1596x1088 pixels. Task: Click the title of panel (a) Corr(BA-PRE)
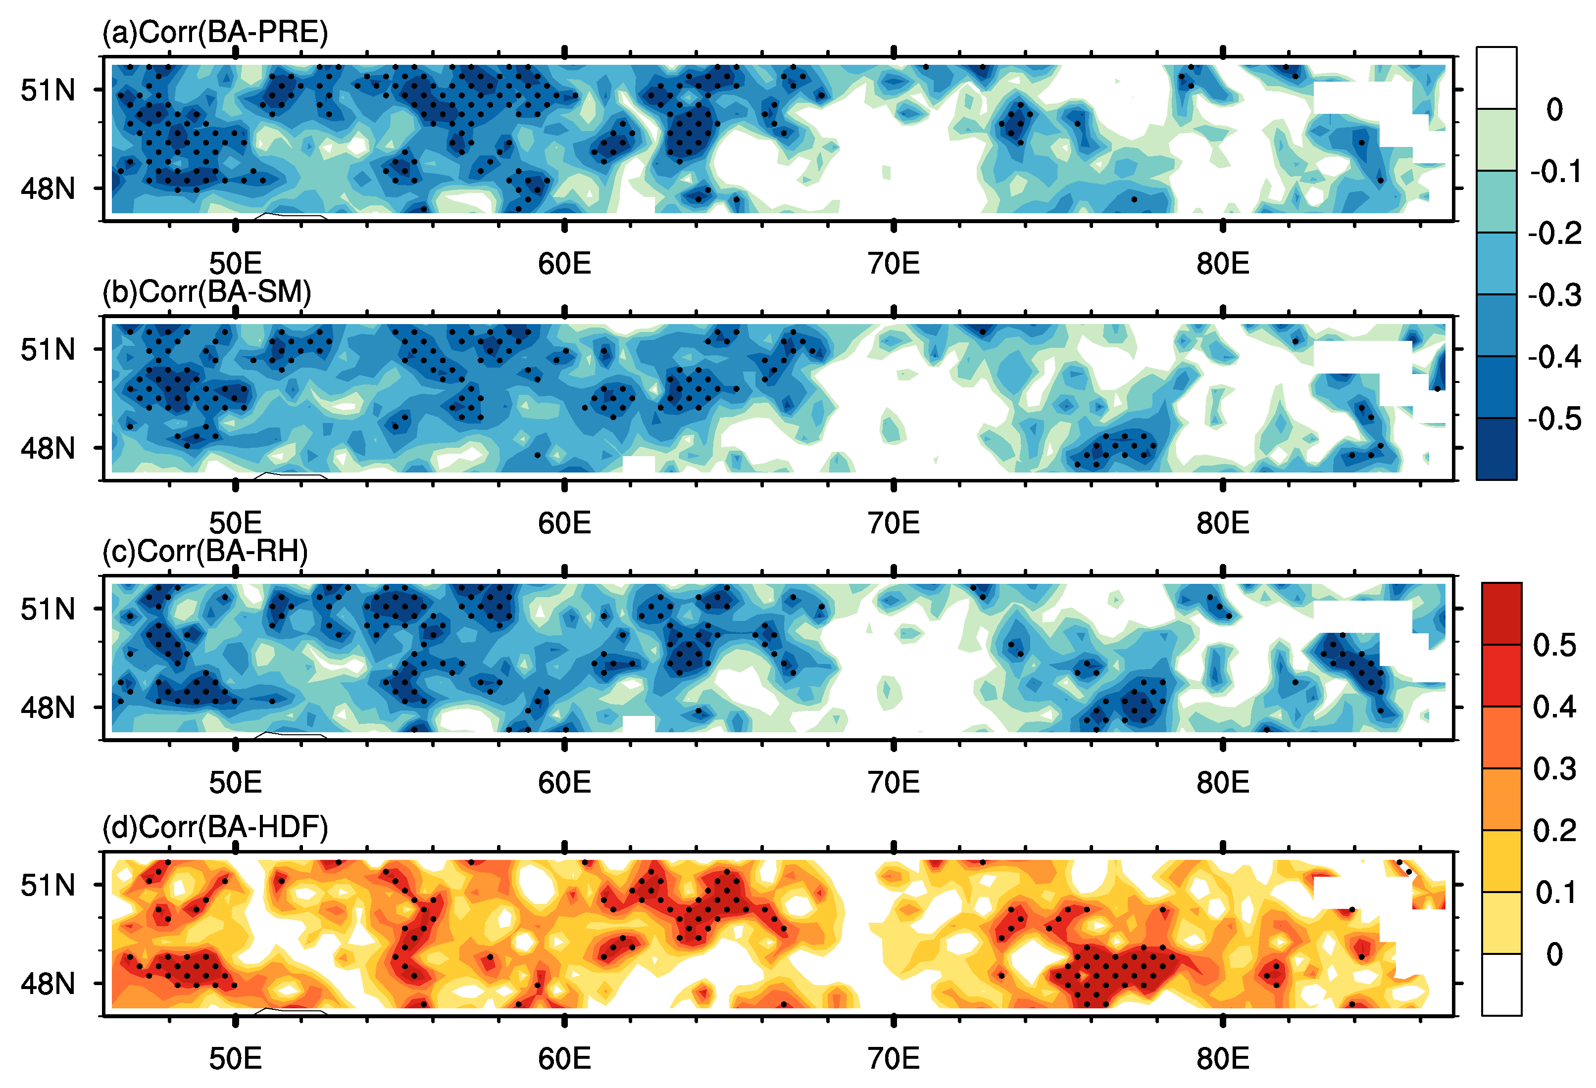tap(215, 32)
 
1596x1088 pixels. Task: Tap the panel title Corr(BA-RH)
tap(204, 551)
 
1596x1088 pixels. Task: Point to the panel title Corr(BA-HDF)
tap(215, 827)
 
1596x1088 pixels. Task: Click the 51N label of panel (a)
tap(48, 90)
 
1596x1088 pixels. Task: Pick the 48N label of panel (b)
tap(48, 448)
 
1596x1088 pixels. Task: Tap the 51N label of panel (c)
tap(48, 609)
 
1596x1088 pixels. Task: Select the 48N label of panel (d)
tap(48, 984)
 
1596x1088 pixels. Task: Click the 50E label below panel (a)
tap(236, 264)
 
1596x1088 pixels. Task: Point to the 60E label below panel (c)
tap(564, 783)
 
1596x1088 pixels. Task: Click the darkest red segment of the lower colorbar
tap(1501, 614)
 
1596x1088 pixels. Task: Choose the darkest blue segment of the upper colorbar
tap(1496, 449)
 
